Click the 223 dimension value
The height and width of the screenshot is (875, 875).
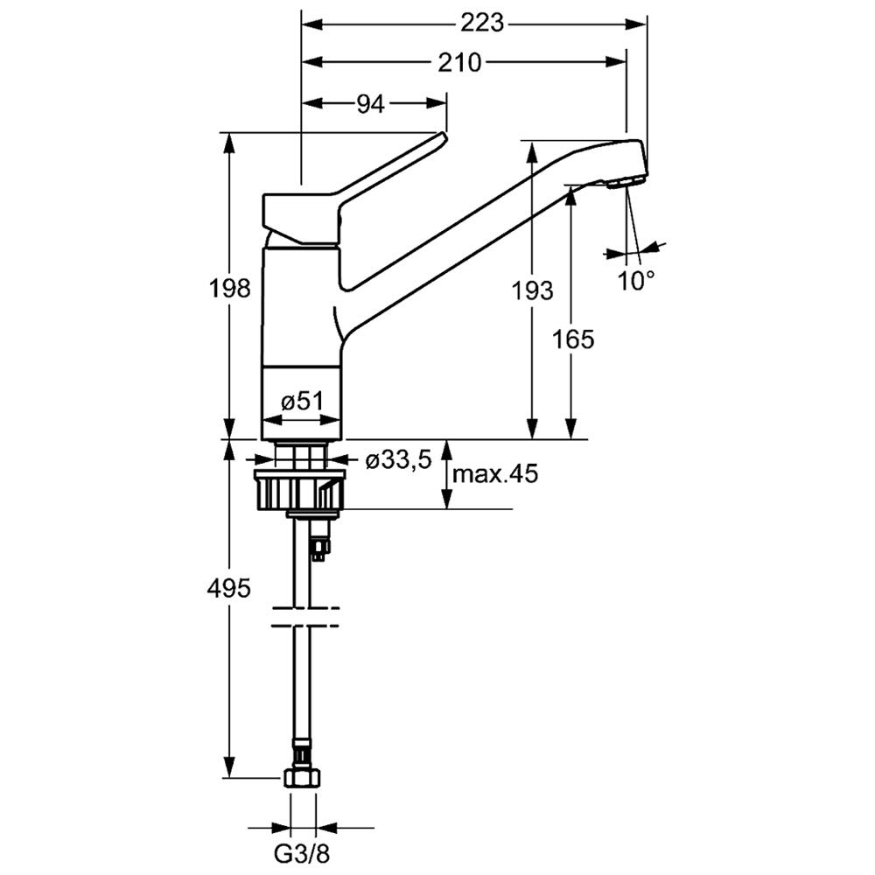click(484, 24)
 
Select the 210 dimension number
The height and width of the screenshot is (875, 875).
click(458, 62)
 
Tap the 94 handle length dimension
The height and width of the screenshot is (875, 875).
click(370, 104)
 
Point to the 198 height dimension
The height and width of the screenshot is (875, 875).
click(230, 288)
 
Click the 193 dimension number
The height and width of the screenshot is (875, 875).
click(533, 290)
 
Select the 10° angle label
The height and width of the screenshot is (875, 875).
click(636, 281)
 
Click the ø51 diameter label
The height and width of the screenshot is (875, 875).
click(303, 402)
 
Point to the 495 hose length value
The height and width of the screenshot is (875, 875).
click(229, 588)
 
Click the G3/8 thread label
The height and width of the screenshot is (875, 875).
click(303, 850)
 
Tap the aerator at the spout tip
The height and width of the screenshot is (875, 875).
click(625, 182)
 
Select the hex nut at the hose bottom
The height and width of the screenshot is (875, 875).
click(303, 778)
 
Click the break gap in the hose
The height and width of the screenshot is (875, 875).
click(303, 616)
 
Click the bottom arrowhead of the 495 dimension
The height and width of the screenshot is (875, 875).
click(230, 769)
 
